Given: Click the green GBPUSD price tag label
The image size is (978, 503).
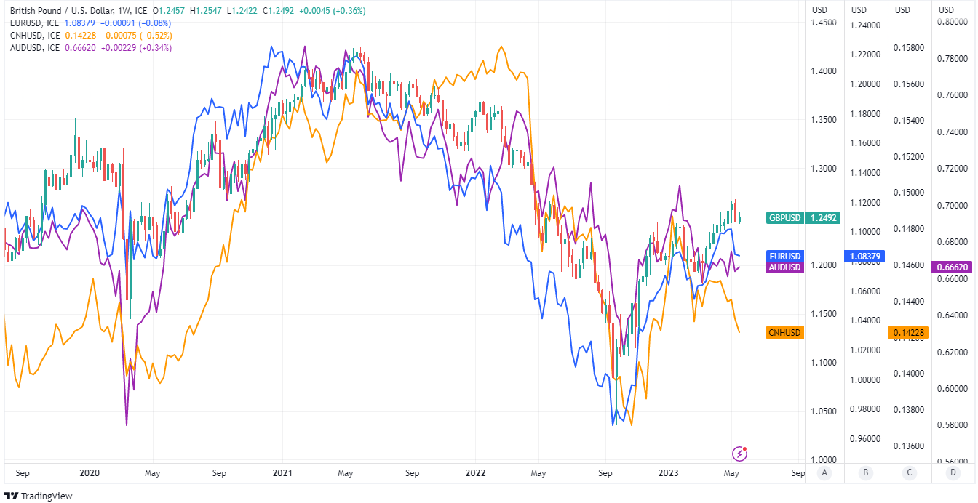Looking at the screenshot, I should pos(785,217).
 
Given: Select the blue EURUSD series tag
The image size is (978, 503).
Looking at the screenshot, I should pos(785,257).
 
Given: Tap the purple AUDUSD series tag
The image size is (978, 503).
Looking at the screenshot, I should pos(785,267).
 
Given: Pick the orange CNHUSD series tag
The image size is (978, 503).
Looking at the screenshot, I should pos(784,333).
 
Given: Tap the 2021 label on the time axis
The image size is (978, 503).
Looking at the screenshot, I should pos(282,473).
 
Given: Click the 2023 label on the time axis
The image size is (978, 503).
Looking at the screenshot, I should pos(668,473).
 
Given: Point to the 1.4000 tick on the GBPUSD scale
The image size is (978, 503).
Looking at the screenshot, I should pos(823,71).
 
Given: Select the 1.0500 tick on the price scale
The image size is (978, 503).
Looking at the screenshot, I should pos(823,411).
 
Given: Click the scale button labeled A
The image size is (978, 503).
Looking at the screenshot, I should pos(824,472).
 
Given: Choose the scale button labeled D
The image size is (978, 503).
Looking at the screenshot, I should pos(953,472).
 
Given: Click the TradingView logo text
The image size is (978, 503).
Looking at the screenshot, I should pos(41,496).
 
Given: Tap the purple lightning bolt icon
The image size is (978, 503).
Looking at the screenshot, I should pos(741,454).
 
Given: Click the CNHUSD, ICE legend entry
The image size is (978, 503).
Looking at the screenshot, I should pos(35,35).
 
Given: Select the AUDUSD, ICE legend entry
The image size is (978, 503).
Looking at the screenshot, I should pos(35,47).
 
